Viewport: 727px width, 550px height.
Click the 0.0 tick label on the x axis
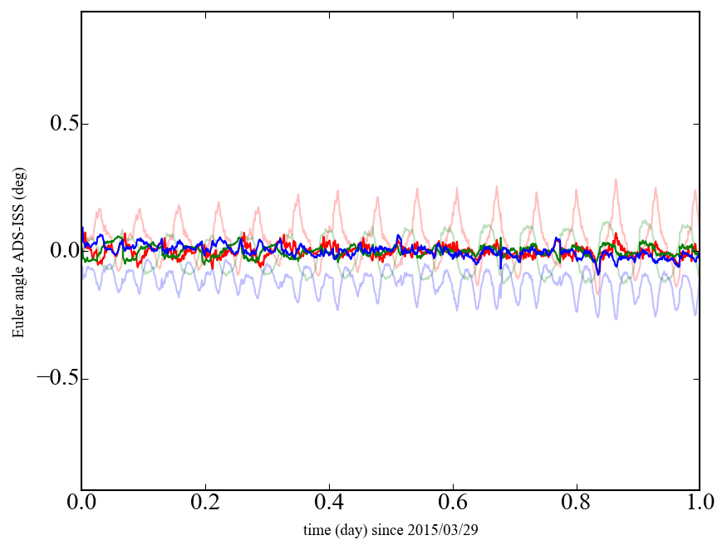(81, 503)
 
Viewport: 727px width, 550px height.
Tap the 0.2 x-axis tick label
(205, 503)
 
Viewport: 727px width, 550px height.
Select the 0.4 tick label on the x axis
(329, 503)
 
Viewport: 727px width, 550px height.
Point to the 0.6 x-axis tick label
(453, 503)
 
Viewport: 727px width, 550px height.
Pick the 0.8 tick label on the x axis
(577, 503)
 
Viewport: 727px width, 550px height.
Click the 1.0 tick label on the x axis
(700, 503)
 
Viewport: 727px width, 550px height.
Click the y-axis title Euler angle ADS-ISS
(18, 251)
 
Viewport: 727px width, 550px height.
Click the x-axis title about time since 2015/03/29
(391, 529)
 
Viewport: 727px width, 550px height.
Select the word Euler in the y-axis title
(18, 323)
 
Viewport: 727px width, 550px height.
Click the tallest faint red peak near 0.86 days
(616, 179)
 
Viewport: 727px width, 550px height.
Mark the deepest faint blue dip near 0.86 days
(616, 318)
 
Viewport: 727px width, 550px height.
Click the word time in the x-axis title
(317, 529)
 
